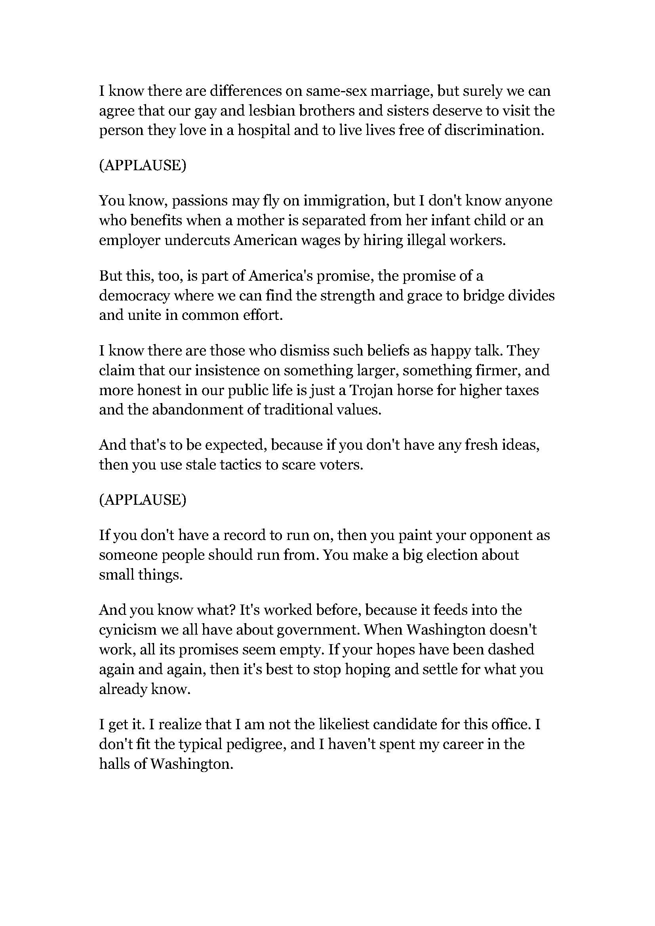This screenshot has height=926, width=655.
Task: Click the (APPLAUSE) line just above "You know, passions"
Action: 143,165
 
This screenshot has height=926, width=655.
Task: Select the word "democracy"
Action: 134,296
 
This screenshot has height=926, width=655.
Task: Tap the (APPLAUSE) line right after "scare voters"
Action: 143,500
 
